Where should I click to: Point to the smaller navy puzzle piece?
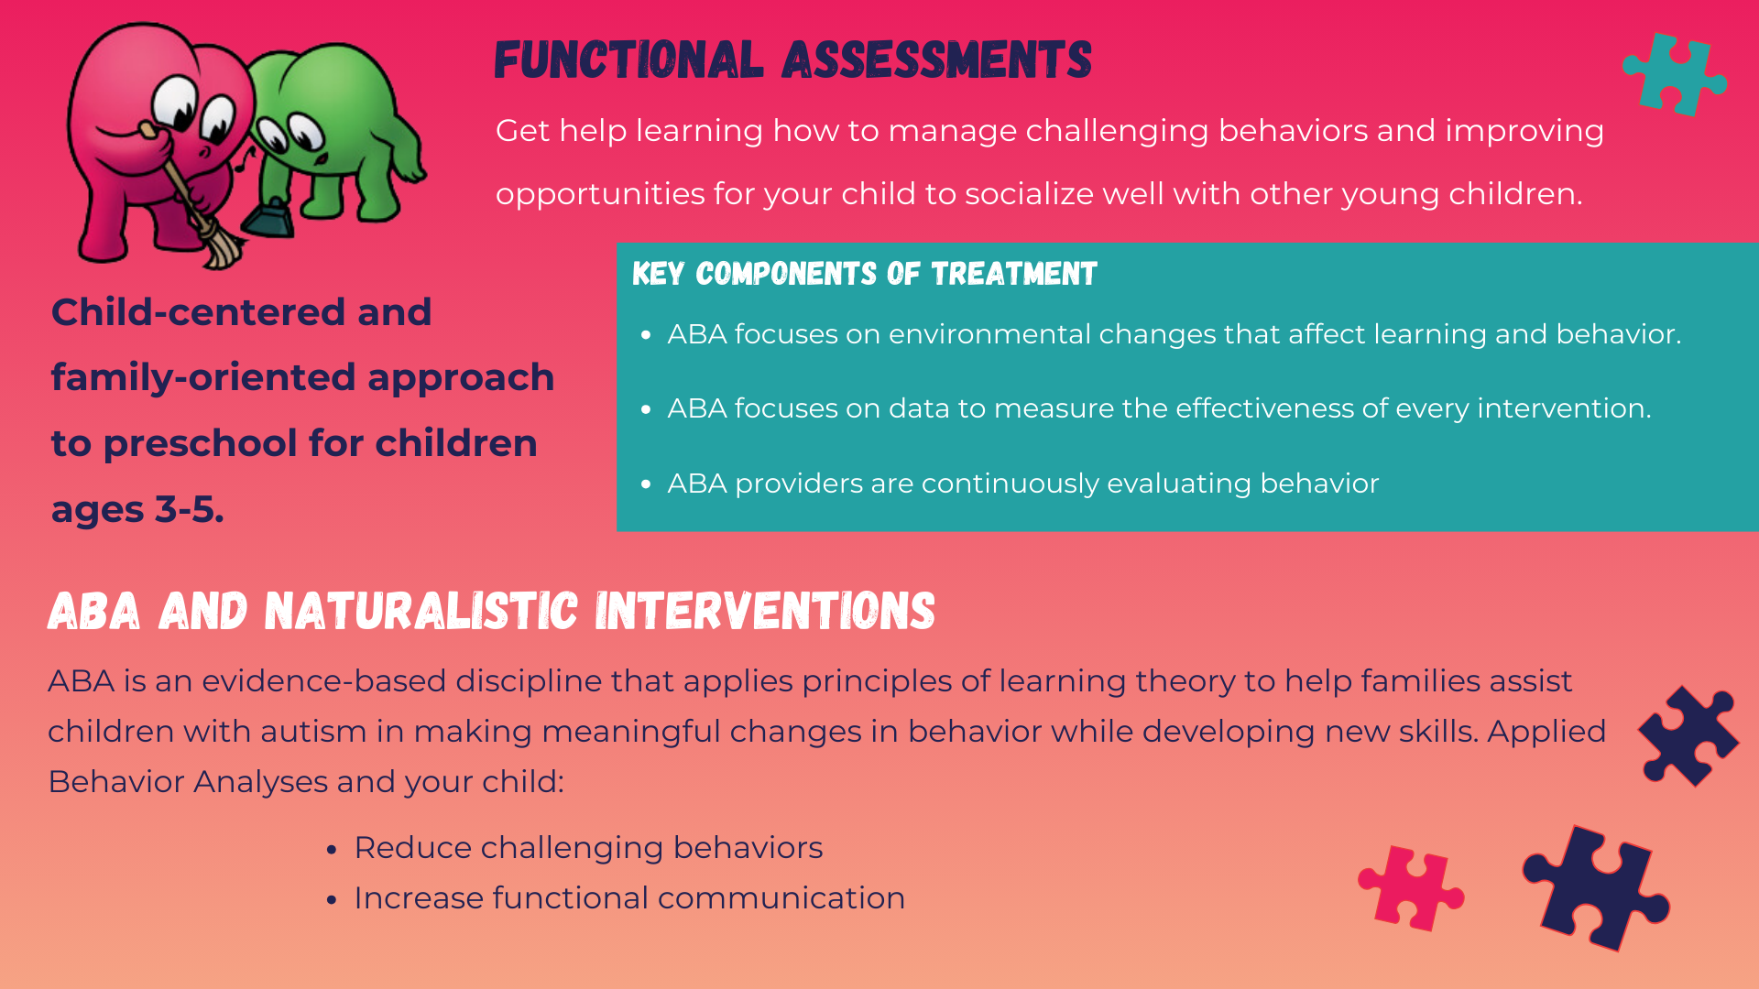(1688, 736)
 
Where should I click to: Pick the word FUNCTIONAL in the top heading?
(628, 60)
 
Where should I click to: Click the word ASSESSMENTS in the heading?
(936, 60)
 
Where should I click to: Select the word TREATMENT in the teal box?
(1013, 274)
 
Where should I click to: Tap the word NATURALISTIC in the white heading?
(421, 612)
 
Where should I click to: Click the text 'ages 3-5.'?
(137, 509)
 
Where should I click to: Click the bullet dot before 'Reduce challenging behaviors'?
(332, 850)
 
